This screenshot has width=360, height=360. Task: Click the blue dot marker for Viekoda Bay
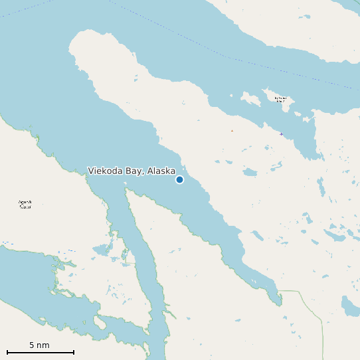click(179, 179)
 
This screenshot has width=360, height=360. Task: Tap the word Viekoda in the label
click(106, 171)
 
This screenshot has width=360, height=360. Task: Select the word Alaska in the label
click(161, 171)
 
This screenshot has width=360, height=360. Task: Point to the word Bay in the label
click(135, 171)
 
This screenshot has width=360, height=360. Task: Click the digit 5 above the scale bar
click(32, 345)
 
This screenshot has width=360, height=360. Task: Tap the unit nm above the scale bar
click(43, 345)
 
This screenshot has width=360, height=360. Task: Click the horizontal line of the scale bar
click(40, 351)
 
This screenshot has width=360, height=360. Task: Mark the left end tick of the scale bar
click(7, 351)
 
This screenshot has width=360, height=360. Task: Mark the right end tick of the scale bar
click(73, 351)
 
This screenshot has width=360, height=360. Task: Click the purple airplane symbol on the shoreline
click(281, 134)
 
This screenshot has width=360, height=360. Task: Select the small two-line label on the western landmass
click(25, 204)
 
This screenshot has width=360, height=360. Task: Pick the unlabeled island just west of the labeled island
click(250, 100)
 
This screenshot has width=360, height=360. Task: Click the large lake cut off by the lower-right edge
click(349, 306)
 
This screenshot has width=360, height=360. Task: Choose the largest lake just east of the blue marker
click(250, 172)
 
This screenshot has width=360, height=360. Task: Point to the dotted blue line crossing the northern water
click(219, 50)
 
